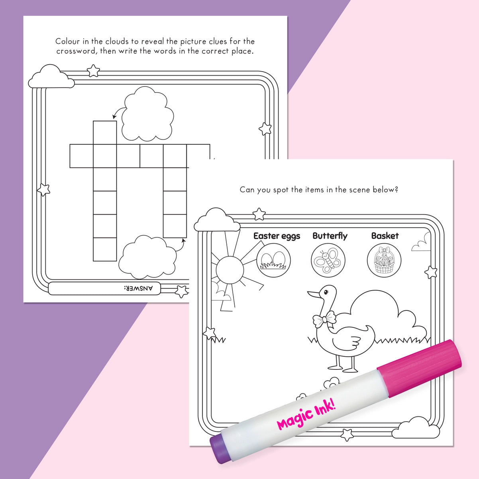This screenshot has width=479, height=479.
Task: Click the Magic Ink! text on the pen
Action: pos(306,415)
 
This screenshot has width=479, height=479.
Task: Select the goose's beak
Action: pos(314,295)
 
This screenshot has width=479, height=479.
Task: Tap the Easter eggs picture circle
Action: pos(273,261)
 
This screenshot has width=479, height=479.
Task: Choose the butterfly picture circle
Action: pos(328,261)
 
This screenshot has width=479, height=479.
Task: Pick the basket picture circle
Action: pos(384,261)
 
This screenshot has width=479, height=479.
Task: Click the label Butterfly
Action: pos(330,236)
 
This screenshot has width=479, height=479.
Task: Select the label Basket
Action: pos(385,236)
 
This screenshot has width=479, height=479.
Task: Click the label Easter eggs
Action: pos(277,236)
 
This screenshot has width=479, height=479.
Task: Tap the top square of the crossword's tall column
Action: pos(105,132)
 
